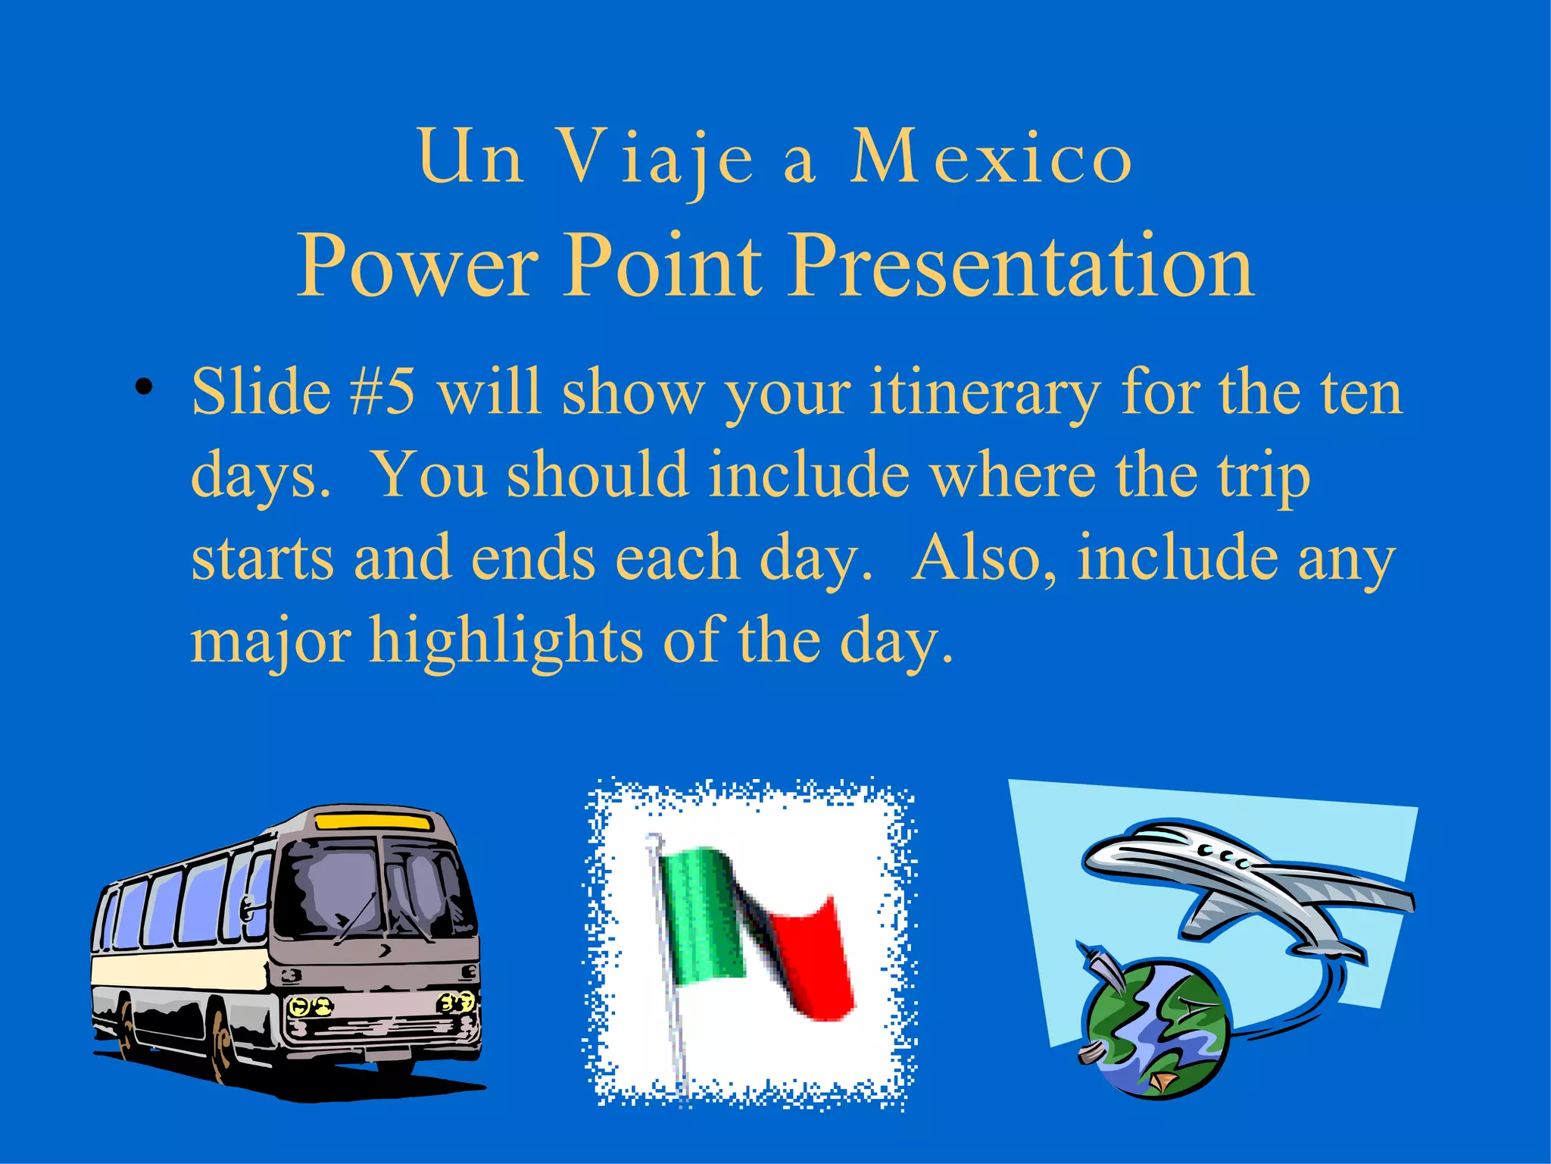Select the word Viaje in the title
[x=656, y=157]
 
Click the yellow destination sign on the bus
[x=373, y=821]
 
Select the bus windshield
[x=375, y=887]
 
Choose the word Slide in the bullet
[x=261, y=392]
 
